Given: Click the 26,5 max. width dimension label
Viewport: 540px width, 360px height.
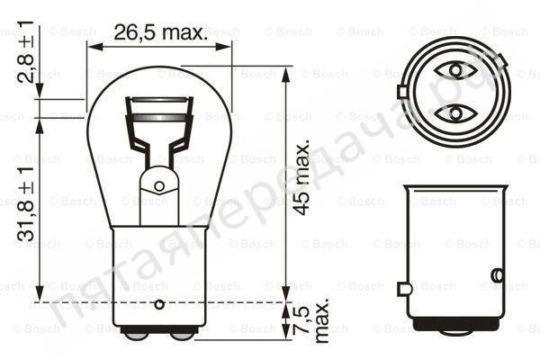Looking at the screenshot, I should [x=158, y=32].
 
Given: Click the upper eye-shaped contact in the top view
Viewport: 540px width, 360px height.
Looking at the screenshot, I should [x=454, y=69].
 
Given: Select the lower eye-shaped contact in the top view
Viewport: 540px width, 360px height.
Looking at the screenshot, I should [x=454, y=113].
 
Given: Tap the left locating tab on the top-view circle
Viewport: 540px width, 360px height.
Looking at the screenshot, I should [x=401, y=91].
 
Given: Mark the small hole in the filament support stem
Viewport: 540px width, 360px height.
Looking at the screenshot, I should [x=159, y=186].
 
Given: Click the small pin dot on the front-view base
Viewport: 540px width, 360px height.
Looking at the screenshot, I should [x=159, y=302].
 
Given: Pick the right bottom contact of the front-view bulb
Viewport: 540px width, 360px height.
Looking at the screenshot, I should [x=182, y=334].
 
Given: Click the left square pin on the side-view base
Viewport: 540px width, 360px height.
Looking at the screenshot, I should [x=405, y=288].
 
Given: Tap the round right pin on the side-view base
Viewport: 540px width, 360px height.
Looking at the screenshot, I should [x=496, y=274].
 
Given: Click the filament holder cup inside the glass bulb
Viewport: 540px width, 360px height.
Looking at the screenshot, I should [x=159, y=112].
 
